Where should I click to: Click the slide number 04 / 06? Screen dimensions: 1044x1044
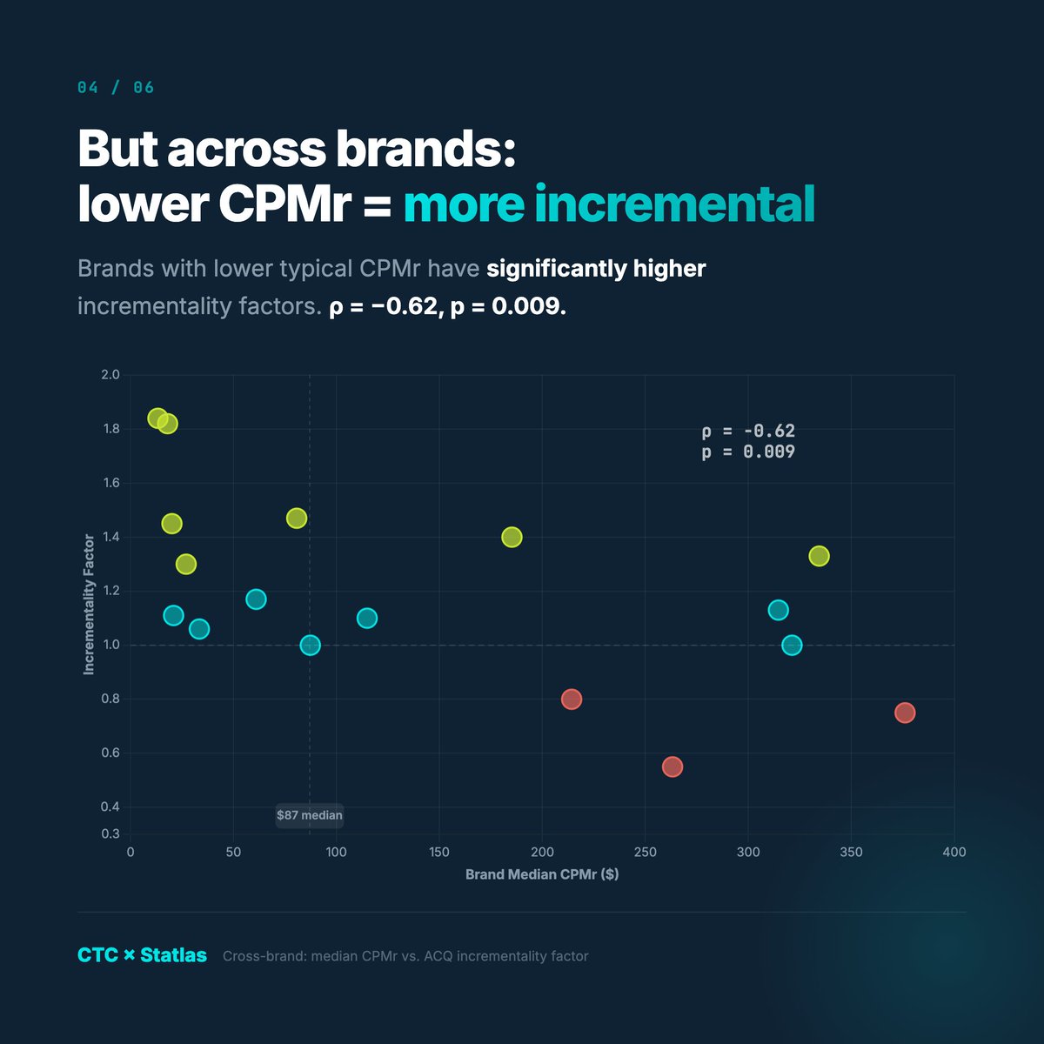pyautogui.click(x=116, y=88)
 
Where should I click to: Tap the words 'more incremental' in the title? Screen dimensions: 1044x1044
pyautogui.click(x=608, y=204)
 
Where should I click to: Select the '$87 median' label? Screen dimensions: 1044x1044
pyautogui.click(x=310, y=815)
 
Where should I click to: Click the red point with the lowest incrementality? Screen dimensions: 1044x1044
pyautogui.click(x=672, y=766)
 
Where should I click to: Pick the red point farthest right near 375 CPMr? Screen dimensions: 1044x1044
pyautogui.click(x=905, y=713)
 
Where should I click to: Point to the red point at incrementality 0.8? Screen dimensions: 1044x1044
pyautogui.click(x=571, y=699)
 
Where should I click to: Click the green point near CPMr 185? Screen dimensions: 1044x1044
pyautogui.click(x=512, y=537)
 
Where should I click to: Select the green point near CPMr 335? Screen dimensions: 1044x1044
pyautogui.click(x=819, y=556)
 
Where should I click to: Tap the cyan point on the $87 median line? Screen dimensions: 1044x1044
pyautogui.click(x=310, y=645)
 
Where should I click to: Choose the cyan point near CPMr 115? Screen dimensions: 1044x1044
pyautogui.click(x=367, y=618)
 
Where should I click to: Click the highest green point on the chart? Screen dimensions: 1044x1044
pyautogui.click(x=157, y=418)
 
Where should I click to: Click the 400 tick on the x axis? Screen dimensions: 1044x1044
pyautogui.click(x=954, y=852)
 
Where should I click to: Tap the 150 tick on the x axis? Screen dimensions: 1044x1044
pyautogui.click(x=438, y=852)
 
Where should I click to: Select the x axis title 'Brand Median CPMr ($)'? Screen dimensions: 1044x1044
pyautogui.click(x=542, y=874)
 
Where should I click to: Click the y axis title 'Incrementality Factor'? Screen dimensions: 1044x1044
pyautogui.click(x=89, y=605)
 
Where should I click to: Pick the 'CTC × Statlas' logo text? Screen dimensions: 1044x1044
pyautogui.click(x=142, y=955)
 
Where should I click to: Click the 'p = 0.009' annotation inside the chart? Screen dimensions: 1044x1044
pyautogui.click(x=748, y=452)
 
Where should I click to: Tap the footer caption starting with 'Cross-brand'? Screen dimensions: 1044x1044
pyautogui.click(x=405, y=956)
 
